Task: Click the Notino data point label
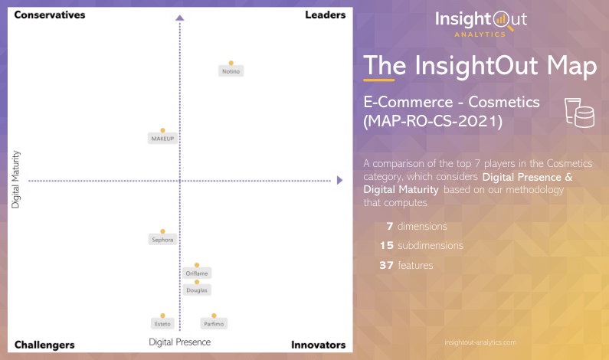231,71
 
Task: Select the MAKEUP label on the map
162,139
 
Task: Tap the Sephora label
162,240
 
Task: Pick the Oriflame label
197,273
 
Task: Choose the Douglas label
197,290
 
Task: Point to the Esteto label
162,324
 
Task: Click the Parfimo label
214,324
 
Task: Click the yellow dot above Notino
231,63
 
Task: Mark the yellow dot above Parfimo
214,316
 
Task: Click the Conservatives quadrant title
50,15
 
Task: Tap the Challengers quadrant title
44,345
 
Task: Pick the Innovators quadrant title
318,345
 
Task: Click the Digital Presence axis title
179,342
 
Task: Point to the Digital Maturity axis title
16,180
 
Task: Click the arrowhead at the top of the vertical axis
179,18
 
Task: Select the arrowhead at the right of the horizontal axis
339,181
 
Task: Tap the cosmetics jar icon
579,112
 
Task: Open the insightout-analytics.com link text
480,342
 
